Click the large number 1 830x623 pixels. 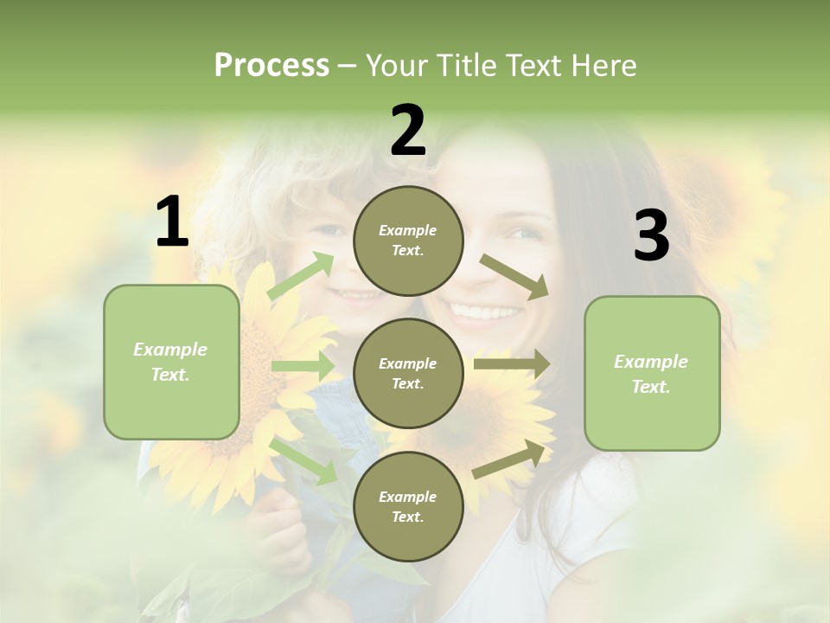pyautogui.click(x=172, y=223)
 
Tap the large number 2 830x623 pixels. pyautogui.click(x=408, y=131)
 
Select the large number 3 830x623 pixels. pyautogui.click(x=651, y=236)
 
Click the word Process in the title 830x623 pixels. pyautogui.click(x=271, y=65)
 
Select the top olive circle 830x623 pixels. pyautogui.click(x=408, y=241)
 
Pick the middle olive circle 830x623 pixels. pyautogui.click(x=408, y=374)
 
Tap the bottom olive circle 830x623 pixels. pyautogui.click(x=408, y=507)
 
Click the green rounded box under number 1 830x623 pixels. pyautogui.click(x=171, y=362)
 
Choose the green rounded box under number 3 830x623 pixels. pyautogui.click(x=652, y=374)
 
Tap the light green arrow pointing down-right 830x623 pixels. pyautogui.click(x=303, y=460)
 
